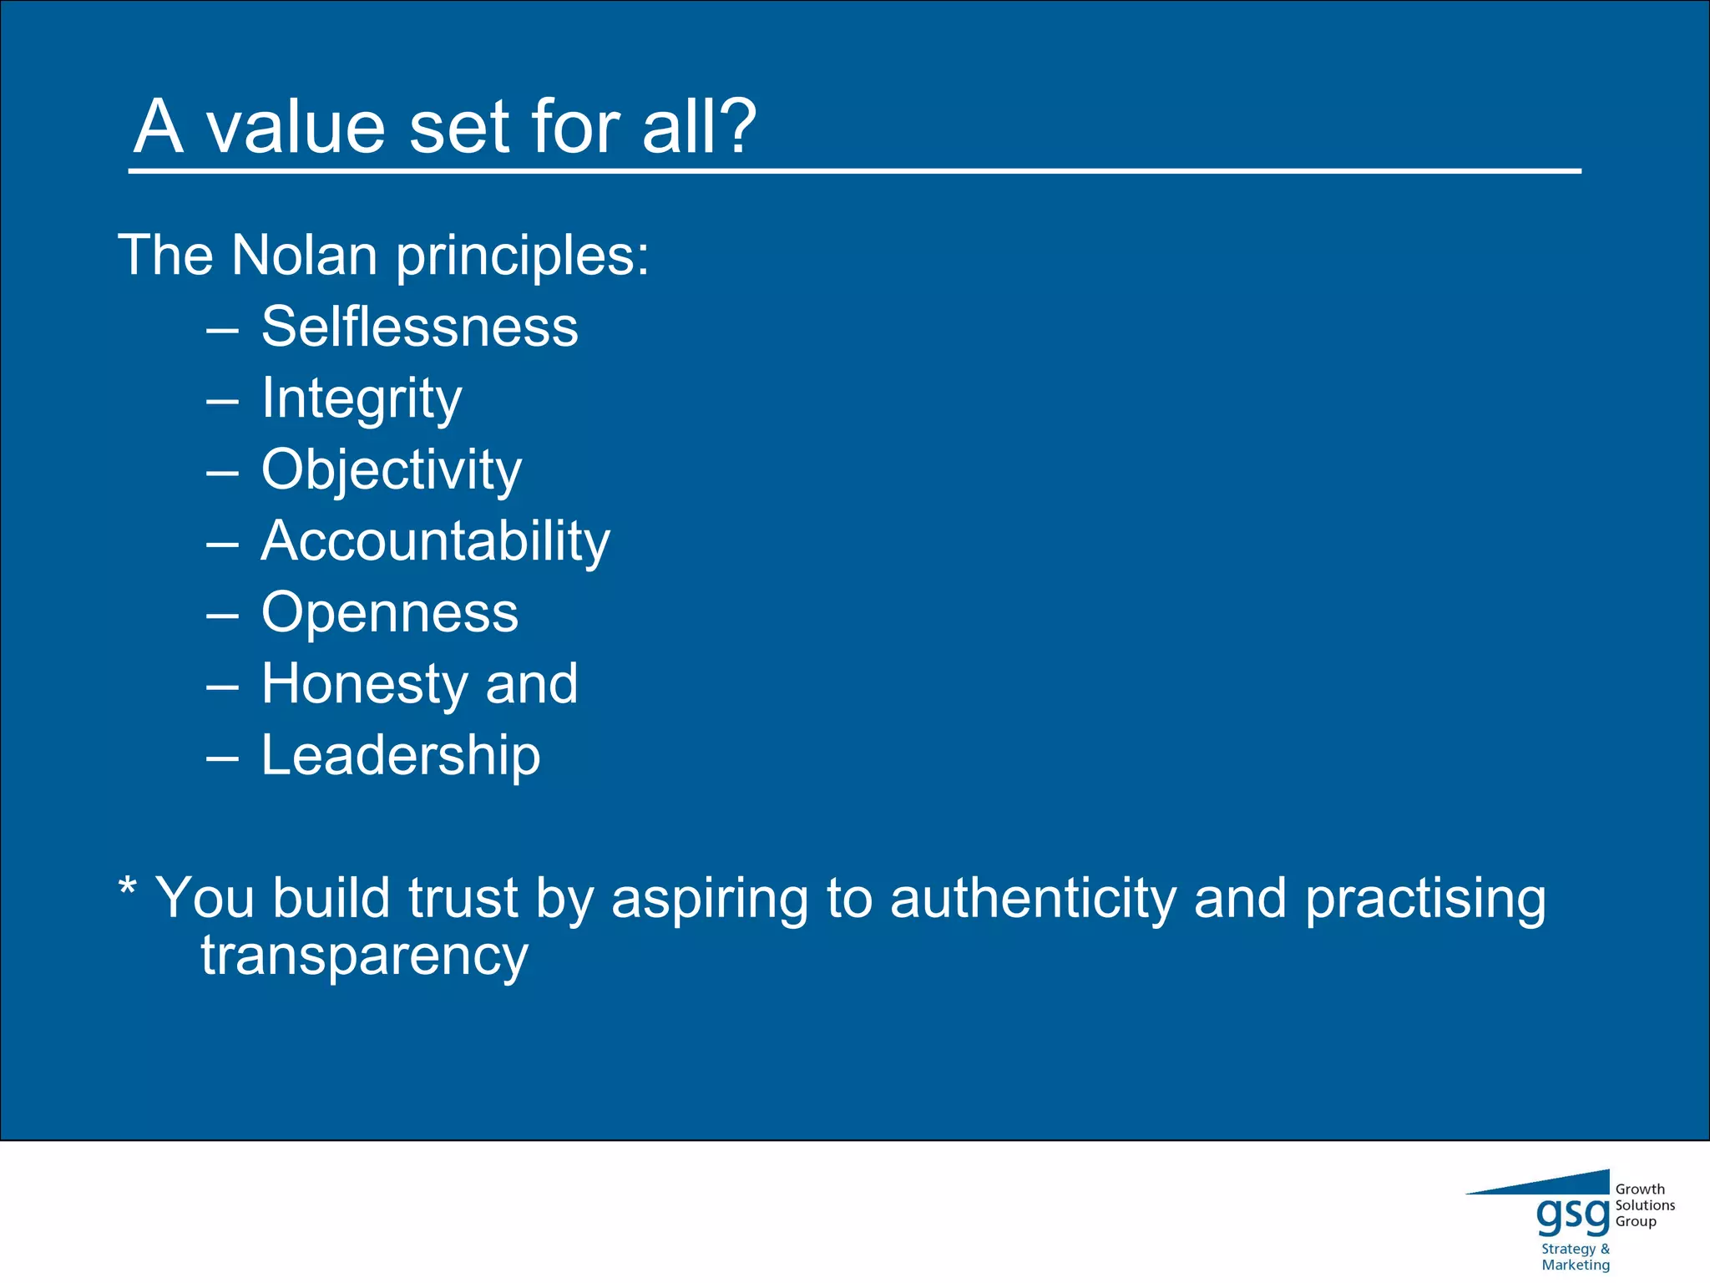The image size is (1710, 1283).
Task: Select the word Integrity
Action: pyautogui.click(x=361, y=398)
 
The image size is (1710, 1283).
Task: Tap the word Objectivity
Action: pyautogui.click(x=391, y=469)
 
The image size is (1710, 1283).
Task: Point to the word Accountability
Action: pyautogui.click(x=435, y=541)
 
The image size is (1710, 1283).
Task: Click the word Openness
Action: pyautogui.click(x=389, y=612)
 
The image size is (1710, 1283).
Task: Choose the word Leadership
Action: pyautogui.click(x=401, y=755)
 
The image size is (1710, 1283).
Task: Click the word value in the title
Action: pyautogui.click(x=296, y=127)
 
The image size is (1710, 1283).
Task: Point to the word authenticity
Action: pyautogui.click(x=1034, y=899)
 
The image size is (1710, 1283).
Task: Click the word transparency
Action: pyautogui.click(x=364, y=956)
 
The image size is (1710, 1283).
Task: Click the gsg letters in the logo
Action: pyautogui.click(x=1572, y=1215)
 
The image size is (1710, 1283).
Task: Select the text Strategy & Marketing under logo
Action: pyautogui.click(x=1575, y=1256)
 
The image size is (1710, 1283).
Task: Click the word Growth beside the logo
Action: pyautogui.click(x=1640, y=1189)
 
